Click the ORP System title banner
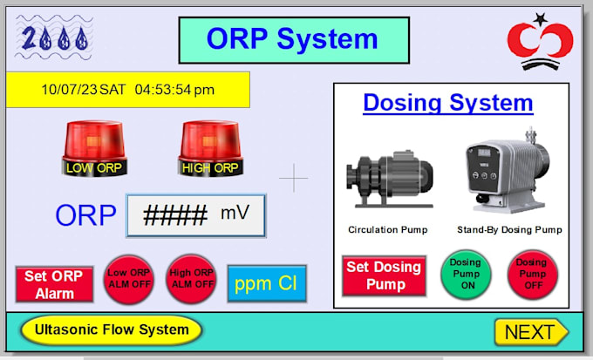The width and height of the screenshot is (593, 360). click(293, 39)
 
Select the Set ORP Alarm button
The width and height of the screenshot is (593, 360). click(54, 284)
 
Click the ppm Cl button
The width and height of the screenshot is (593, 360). click(267, 283)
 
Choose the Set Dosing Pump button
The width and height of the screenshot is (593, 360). click(384, 275)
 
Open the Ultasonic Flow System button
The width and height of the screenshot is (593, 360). click(111, 330)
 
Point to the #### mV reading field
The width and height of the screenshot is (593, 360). click(195, 215)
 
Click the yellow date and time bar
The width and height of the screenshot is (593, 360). click(128, 90)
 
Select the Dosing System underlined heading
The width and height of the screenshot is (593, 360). click(447, 103)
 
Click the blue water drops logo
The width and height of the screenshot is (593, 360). click(54, 38)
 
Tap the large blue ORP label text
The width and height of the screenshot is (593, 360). click(85, 215)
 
